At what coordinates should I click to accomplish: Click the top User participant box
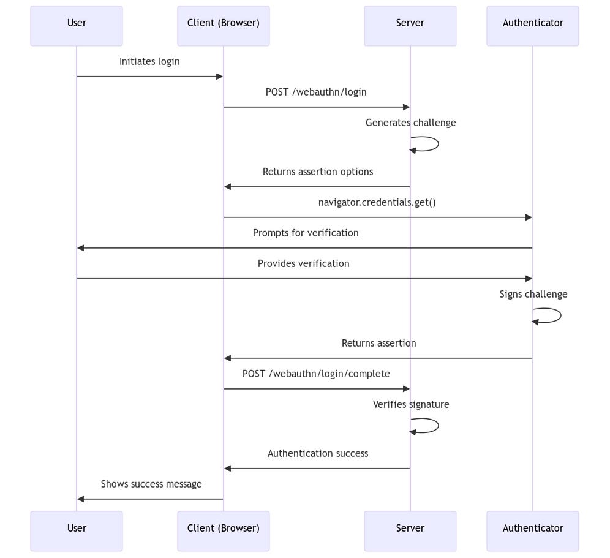[x=77, y=26]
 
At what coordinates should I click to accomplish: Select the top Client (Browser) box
[x=224, y=26]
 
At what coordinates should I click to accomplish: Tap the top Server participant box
[x=410, y=26]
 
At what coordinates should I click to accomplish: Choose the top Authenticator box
[x=533, y=26]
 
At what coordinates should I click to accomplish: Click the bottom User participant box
[x=77, y=531]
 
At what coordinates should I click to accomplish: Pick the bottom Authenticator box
[x=533, y=531]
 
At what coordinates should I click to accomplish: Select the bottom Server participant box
[x=410, y=531]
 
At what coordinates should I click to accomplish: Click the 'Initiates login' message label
[x=149, y=61]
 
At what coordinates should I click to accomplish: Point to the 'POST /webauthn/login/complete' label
[x=316, y=374]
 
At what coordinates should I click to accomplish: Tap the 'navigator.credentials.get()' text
[x=377, y=202]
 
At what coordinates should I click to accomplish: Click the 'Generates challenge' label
[x=410, y=123]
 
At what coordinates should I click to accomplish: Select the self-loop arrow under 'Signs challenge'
[x=553, y=315]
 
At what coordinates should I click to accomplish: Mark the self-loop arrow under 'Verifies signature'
[x=431, y=426]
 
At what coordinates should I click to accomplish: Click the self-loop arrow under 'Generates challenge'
[x=431, y=144]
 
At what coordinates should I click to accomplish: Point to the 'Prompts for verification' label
[x=306, y=233]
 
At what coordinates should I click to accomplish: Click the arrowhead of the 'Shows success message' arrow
[x=81, y=499]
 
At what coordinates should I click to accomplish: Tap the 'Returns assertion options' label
[x=318, y=172]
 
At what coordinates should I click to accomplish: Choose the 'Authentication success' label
[x=318, y=453]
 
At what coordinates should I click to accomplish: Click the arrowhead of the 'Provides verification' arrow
[x=529, y=279]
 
